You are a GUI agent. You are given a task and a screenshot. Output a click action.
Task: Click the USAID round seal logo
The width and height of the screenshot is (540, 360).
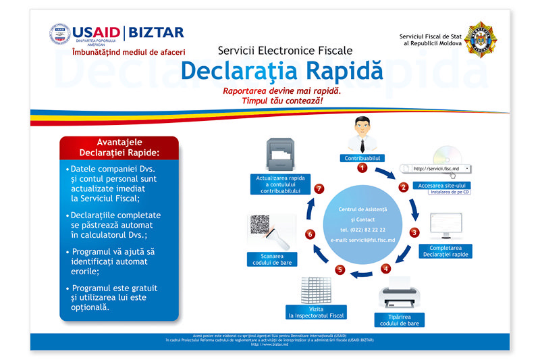click(60, 34)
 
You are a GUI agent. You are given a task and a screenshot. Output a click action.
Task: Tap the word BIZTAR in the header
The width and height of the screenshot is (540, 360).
click(156, 32)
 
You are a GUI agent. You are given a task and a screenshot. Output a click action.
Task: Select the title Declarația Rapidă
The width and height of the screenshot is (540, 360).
click(281, 70)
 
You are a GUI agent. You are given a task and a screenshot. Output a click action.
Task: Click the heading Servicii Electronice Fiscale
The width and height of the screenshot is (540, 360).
click(281, 50)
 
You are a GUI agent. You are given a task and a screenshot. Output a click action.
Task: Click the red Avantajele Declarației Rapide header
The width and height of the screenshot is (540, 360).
click(119, 147)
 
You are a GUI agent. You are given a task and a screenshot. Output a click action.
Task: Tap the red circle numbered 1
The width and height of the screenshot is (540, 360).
click(362, 168)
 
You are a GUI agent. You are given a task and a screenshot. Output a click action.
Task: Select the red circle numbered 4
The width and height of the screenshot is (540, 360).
click(385, 268)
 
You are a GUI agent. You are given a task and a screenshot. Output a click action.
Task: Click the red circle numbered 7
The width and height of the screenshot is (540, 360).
click(319, 188)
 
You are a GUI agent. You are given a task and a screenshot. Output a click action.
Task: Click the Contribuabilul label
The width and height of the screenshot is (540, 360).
click(363, 157)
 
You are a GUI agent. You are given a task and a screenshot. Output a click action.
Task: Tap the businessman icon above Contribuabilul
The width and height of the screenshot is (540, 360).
click(363, 134)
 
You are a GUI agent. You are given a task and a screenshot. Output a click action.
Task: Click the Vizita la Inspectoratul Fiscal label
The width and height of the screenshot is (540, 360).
click(316, 312)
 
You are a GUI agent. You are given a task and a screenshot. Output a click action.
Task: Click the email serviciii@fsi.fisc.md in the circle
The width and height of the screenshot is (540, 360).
click(363, 240)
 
